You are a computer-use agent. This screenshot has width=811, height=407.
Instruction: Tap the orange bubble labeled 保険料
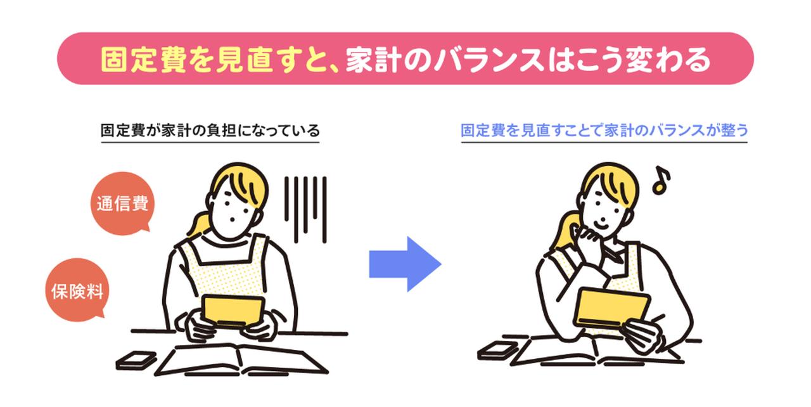pos(77,291)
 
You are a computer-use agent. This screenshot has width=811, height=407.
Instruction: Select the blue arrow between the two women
pos(404,264)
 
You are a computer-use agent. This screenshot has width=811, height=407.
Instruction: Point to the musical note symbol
pos(661,180)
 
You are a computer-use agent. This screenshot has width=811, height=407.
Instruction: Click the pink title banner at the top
pos(405,59)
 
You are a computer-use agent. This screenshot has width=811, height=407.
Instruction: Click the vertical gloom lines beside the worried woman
pos(305,206)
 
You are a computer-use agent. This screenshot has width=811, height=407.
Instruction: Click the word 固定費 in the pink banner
pos(138,60)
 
